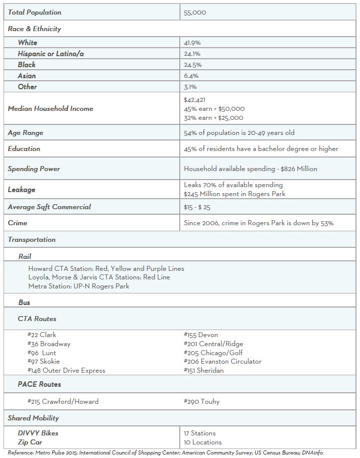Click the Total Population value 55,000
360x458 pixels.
click(x=195, y=12)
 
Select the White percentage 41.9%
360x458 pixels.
click(x=192, y=43)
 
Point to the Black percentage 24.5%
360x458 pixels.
click(x=193, y=65)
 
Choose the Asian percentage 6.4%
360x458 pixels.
click(x=191, y=76)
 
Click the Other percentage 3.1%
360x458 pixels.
click(x=191, y=87)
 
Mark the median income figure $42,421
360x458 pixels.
click(x=195, y=100)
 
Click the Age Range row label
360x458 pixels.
click(x=26, y=133)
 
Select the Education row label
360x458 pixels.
click(x=24, y=149)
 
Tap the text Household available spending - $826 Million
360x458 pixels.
click(x=251, y=169)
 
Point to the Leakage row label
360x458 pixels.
click(x=22, y=190)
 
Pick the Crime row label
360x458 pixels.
click(x=18, y=223)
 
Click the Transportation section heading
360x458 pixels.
click(x=32, y=240)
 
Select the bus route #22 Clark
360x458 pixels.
click(x=42, y=335)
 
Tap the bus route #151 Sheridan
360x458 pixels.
click(x=204, y=370)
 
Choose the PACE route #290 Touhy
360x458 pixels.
click(x=202, y=401)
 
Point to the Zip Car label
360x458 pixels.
click(x=30, y=442)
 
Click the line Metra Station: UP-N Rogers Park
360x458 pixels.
click(x=79, y=286)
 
